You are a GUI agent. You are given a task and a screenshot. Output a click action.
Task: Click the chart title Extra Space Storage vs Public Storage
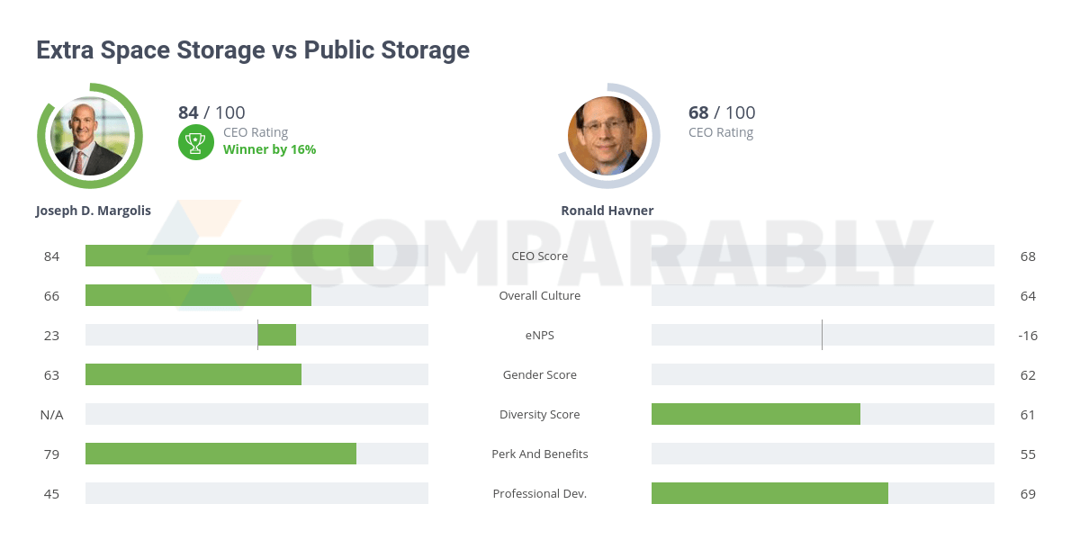[253, 50]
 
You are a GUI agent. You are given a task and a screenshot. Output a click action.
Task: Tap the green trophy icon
[195, 142]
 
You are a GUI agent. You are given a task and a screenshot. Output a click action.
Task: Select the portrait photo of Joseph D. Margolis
[89, 136]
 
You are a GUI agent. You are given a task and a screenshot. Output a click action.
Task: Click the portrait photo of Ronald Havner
[608, 136]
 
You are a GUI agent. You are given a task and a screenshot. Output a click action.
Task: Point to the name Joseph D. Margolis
[94, 211]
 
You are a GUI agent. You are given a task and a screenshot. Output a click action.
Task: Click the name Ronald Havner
[607, 211]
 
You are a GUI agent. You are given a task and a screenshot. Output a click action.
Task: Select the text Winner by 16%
[269, 149]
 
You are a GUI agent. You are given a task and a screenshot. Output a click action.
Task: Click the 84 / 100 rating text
[211, 112]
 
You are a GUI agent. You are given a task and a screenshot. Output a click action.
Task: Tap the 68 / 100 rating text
[722, 112]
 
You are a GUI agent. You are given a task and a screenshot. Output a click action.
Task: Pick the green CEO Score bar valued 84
[229, 256]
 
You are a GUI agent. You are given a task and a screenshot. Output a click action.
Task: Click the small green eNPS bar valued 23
[277, 335]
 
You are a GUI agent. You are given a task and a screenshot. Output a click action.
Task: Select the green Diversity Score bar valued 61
[756, 414]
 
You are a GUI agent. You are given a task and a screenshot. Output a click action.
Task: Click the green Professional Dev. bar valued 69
[769, 493]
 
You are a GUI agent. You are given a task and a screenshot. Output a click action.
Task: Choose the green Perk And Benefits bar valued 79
[220, 454]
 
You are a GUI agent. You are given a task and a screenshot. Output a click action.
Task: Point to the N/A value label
[51, 414]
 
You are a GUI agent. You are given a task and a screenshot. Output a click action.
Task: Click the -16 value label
[1028, 335]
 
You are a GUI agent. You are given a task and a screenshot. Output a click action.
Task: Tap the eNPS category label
[540, 335]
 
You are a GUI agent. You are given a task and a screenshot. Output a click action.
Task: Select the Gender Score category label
[540, 374]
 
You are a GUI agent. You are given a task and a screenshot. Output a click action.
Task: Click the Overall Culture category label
[540, 295]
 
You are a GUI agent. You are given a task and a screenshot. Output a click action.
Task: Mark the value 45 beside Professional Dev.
[51, 493]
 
